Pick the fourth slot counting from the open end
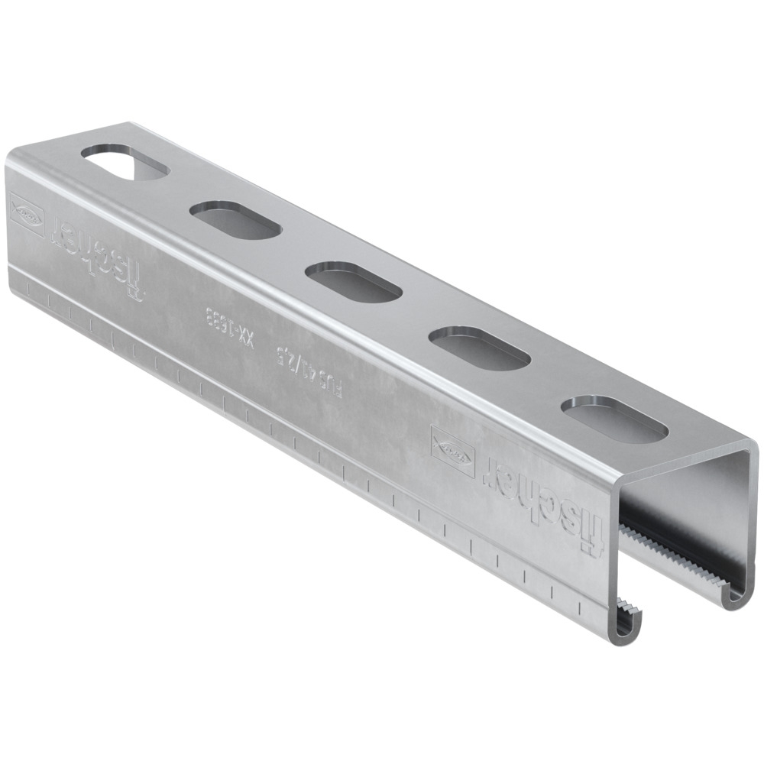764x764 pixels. [x=227, y=216]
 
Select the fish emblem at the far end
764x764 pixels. [x=27, y=213]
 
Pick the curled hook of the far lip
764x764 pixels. [x=733, y=595]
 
